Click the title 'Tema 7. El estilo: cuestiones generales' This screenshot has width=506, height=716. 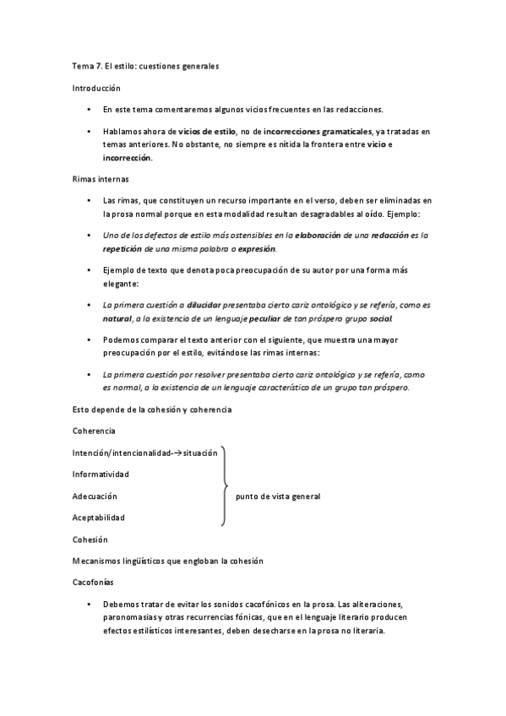pos(145,66)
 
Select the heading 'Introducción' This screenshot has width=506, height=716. pos(96,88)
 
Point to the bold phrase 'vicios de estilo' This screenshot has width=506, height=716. pos(208,133)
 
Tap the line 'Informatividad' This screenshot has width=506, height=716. pos(101,474)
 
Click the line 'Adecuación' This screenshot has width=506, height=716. pos(95,496)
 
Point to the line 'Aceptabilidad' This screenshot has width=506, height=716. pos(99,517)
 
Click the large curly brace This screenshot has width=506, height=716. pos(224,486)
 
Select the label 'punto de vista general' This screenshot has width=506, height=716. pos(278,496)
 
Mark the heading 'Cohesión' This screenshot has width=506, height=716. pos(90,539)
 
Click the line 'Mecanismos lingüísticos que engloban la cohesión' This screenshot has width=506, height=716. pos(168,561)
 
